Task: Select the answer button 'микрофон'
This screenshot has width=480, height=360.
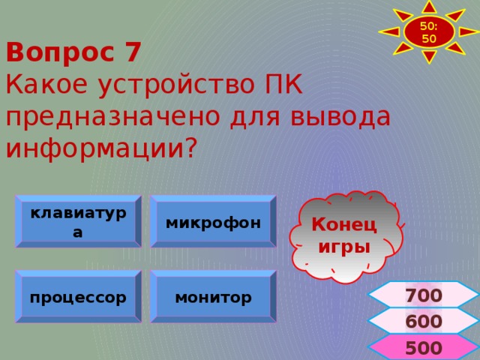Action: [x=213, y=222]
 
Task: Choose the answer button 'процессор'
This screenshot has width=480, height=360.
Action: [x=78, y=296]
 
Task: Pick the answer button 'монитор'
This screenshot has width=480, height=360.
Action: [x=213, y=296]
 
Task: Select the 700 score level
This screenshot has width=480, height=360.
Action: [x=423, y=295]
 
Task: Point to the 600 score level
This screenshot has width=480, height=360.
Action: [x=423, y=322]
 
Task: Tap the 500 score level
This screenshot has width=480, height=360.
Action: [x=423, y=348]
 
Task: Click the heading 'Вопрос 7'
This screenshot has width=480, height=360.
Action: [x=73, y=53]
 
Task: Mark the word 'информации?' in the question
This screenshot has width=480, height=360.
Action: [x=100, y=148]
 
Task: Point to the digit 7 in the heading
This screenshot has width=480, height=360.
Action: [x=132, y=53]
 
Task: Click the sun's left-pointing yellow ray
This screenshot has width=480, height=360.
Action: [x=390, y=32]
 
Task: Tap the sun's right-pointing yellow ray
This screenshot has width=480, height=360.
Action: [x=467, y=32]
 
